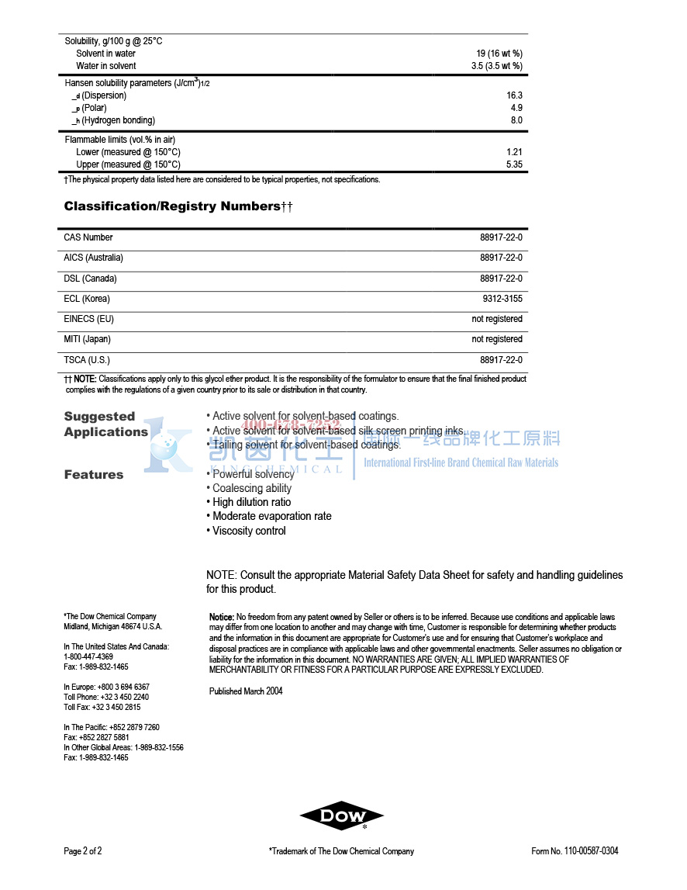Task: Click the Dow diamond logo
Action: point(342,816)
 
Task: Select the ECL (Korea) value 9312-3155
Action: point(502,299)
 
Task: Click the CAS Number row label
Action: point(88,237)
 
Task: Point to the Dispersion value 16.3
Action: point(514,95)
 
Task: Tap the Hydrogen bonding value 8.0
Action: point(516,120)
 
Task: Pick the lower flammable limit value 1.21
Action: point(514,152)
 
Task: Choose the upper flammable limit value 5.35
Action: point(514,164)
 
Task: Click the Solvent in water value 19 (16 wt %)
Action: point(499,54)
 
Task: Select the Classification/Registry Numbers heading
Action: point(178,206)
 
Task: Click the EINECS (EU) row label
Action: point(89,319)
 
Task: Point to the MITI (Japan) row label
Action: point(87,339)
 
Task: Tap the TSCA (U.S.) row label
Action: point(87,360)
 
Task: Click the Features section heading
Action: point(94,475)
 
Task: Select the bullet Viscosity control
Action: point(249,531)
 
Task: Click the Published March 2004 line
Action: point(246,691)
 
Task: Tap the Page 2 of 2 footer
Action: point(83,851)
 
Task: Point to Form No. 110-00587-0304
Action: point(575,851)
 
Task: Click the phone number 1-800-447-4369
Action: point(88,656)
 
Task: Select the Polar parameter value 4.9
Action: point(516,108)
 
